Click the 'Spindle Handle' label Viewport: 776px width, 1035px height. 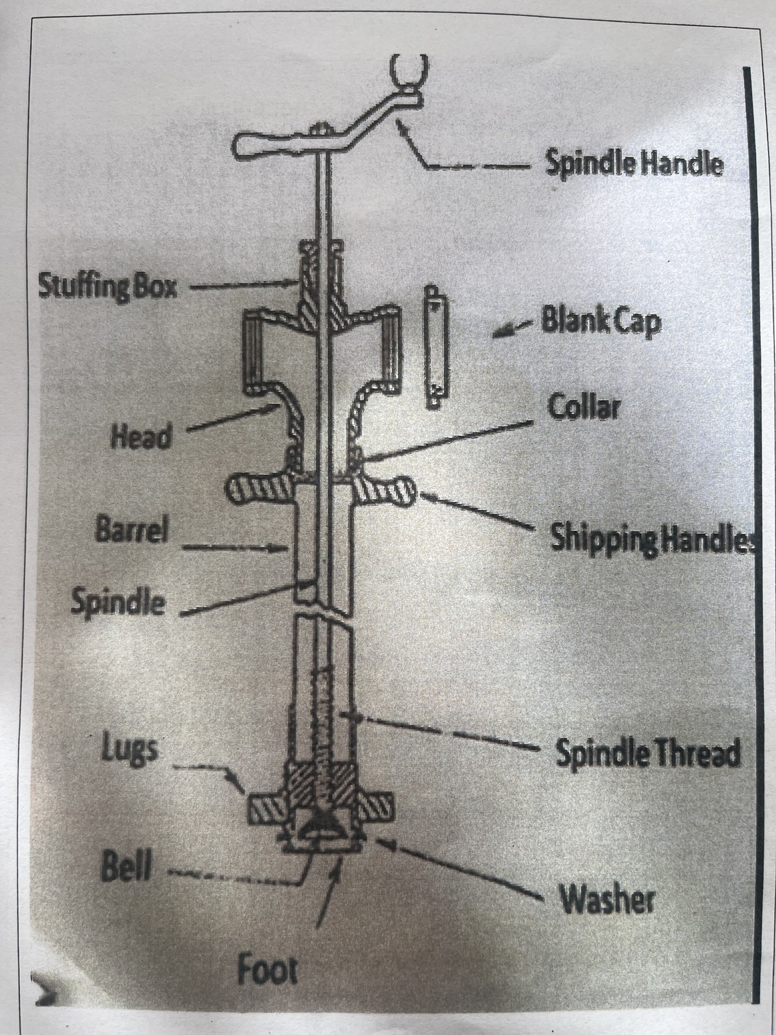tap(634, 163)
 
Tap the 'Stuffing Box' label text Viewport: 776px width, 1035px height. tap(108, 286)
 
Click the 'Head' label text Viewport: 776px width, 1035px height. tap(142, 435)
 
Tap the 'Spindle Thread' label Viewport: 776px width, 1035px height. tap(648, 753)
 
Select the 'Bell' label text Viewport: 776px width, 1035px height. tap(126, 869)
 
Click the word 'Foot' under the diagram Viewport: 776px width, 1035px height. tap(267, 970)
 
